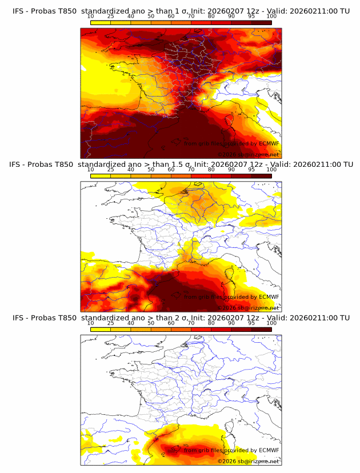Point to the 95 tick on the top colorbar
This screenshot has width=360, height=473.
coord(251,16)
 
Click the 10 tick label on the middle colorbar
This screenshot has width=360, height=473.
coord(90,170)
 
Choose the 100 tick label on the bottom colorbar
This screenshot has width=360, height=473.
coord(271,323)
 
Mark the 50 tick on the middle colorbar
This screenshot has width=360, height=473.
coord(151,170)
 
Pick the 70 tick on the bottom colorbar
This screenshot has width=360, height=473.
coord(191,323)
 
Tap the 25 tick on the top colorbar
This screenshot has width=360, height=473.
coord(110,16)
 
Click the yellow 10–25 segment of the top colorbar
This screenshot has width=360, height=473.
coord(101,22)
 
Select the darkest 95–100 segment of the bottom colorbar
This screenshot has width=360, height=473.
coord(261,329)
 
